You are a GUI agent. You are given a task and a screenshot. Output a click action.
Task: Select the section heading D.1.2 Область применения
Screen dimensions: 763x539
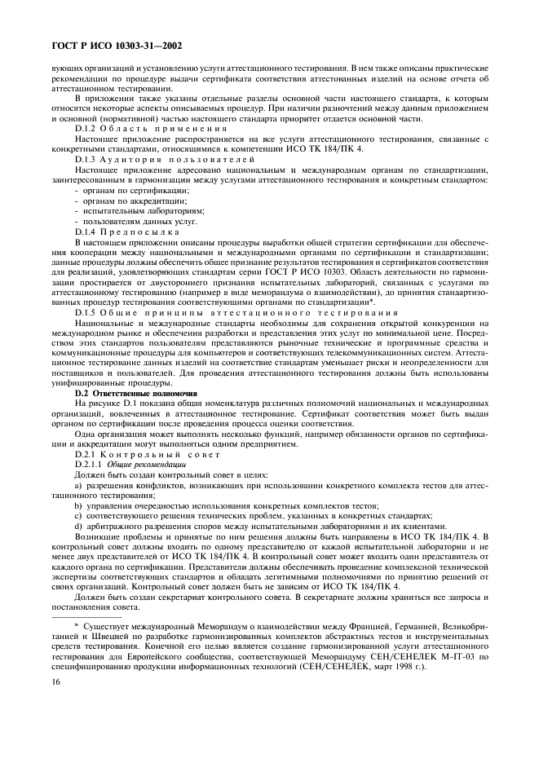(x=132, y=130)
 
